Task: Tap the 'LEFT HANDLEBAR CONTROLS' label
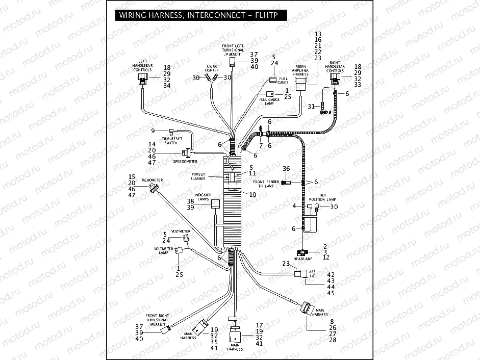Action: pyautogui.click(x=139, y=65)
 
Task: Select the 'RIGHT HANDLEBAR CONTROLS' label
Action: pyautogui.click(x=335, y=66)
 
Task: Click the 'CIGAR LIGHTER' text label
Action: pyautogui.click(x=212, y=68)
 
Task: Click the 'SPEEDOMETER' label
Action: pyautogui.click(x=185, y=161)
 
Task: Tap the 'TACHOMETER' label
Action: pyautogui.click(x=152, y=181)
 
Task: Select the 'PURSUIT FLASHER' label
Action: pyautogui.click(x=198, y=176)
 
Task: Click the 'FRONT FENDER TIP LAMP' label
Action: pyautogui.click(x=266, y=184)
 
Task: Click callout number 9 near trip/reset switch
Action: pyautogui.click(x=152, y=131)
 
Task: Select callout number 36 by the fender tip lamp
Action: pyautogui.click(x=286, y=169)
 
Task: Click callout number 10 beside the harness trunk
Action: pyautogui.click(x=252, y=194)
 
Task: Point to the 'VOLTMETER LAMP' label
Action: pyautogui.click(x=162, y=250)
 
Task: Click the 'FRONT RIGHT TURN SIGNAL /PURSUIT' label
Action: pyautogui.click(x=158, y=320)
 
